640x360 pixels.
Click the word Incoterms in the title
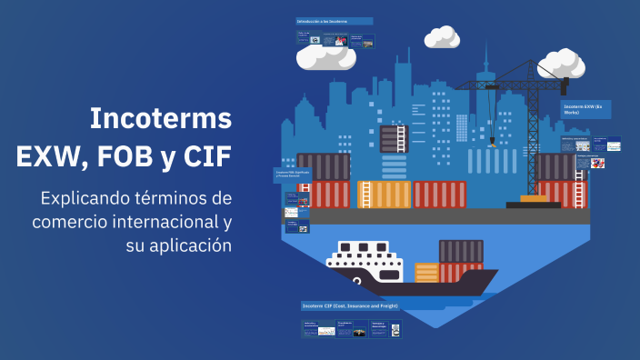tap(161, 118)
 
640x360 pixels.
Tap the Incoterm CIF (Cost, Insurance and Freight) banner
tap(351, 306)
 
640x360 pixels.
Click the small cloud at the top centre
tap(443, 37)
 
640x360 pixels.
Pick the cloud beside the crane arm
tap(561, 65)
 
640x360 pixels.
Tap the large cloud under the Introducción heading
tap(325, 57)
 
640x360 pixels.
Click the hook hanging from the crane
tap(493, 140)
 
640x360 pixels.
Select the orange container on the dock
tap(387, 195)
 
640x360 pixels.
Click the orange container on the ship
tap(426, 273)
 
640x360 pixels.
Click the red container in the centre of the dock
tap(440, 195)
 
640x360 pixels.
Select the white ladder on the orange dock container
tap(365, 195)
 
